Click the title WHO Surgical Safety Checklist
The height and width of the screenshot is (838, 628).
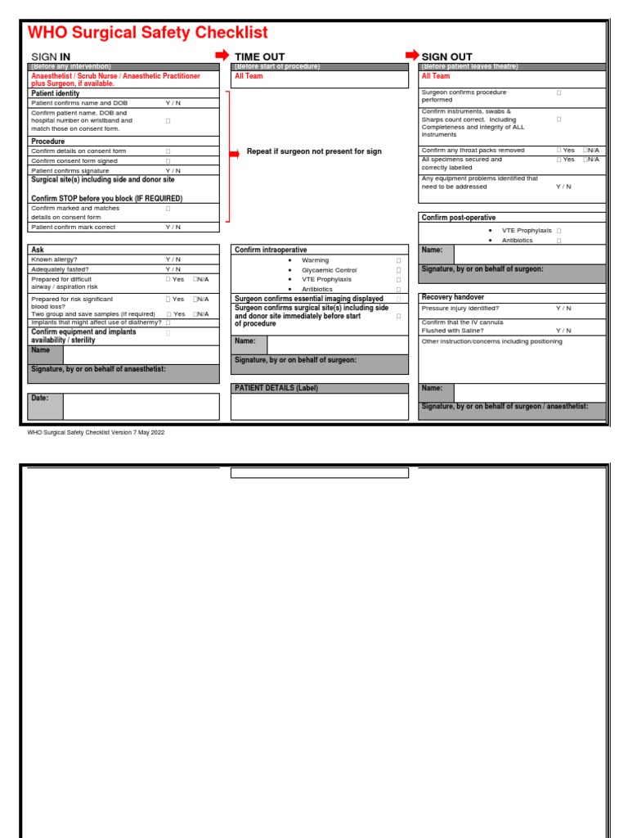pos(148,33)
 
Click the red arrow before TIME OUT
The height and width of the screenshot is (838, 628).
pos(222,55)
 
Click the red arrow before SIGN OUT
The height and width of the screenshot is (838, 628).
pos(412,55)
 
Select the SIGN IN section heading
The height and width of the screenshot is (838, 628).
pos(50,56)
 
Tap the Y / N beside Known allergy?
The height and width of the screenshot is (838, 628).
pos(173,259)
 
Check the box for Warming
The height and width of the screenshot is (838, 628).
pos(399,260)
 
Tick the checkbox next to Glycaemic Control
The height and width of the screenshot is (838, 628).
pos(399,270)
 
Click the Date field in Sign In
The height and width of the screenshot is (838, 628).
pos(141,407)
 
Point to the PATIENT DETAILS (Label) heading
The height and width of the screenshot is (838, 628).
pos(275,388)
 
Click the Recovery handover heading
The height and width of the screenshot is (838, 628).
pos(453,297)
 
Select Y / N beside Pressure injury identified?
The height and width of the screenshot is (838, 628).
pos(563,309)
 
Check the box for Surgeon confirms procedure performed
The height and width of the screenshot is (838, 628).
pos(559,93)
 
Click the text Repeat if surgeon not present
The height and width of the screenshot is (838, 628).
pos(314,151)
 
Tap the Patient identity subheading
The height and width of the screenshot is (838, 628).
pos(56,94)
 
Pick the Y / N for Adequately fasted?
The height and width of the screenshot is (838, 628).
pos(173,269)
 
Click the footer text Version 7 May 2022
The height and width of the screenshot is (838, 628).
pos(96,432)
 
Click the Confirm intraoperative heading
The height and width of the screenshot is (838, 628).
pos(271,250)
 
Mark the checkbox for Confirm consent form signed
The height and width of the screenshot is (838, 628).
pos(168,161)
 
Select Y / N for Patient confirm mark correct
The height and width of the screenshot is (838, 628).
pos(173,228)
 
